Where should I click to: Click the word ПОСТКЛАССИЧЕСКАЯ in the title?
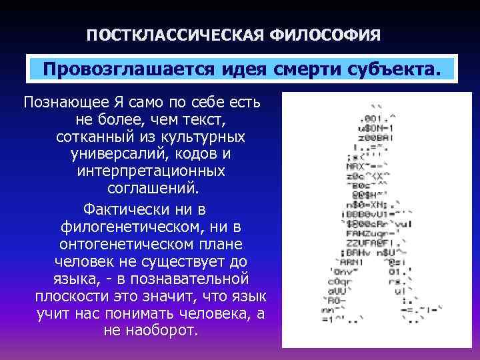tap(175, 33)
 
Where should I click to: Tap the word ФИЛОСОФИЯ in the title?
tap(326, 33)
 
